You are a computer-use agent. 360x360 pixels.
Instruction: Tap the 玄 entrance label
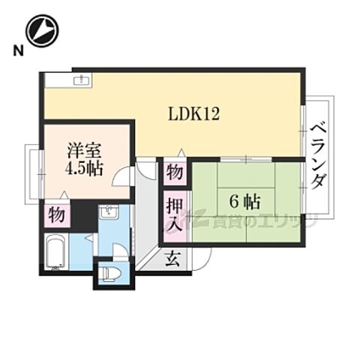[x=172, y=259]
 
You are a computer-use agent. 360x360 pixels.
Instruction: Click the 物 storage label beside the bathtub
[x=56, y=214]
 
